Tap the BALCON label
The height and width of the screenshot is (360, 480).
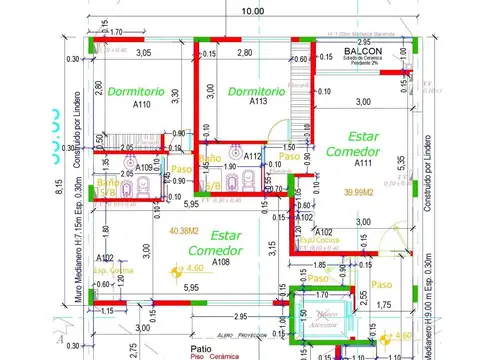(361, 50)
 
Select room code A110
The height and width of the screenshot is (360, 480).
(140, 104)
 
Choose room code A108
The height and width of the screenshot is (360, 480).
(221, 262)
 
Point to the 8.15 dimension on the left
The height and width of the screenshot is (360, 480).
(31, 186)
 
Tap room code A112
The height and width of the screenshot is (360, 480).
(253, 156)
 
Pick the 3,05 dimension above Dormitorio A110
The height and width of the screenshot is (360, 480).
(144, 53)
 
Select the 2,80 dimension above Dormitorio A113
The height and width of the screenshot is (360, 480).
(243, 53)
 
